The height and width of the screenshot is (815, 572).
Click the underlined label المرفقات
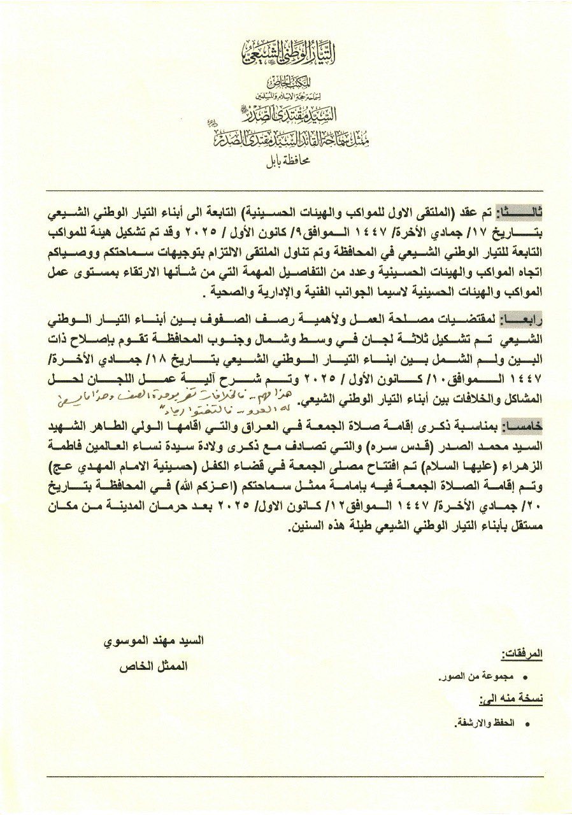pos(522,654)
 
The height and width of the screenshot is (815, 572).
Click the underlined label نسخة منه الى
pos(515,699)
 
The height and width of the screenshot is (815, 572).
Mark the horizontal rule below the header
pos(286,190)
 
